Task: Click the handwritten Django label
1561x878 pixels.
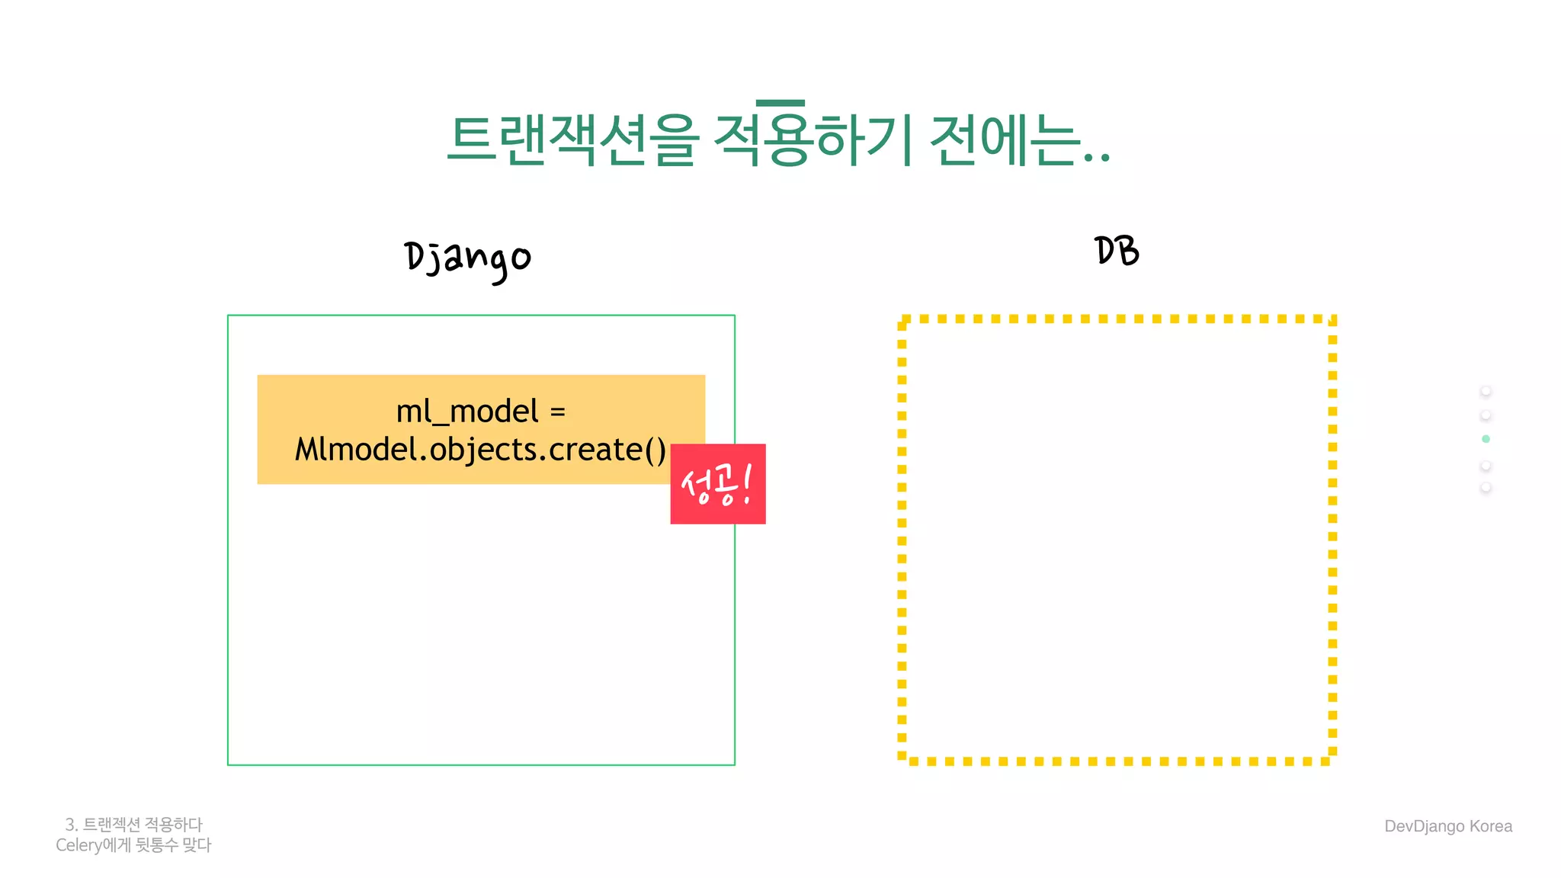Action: coord(467,259)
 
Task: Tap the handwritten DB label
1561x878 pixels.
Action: coord(1117,251)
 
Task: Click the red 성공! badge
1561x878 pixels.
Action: coord(717,484)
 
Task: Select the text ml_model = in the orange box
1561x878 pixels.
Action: coord(480,412)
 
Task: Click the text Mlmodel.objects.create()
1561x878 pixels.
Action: coord(480,450)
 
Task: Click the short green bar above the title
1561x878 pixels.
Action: coord(780,103)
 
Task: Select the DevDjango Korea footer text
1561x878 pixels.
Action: coord(1447,826)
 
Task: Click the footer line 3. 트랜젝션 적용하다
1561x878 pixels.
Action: coord(134,825)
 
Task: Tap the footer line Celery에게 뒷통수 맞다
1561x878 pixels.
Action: coord(133,845)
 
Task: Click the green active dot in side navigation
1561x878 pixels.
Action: coord(1486,439)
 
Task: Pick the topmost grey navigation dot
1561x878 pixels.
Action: coord(1486,391)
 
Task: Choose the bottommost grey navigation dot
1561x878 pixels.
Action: coord(1486,487)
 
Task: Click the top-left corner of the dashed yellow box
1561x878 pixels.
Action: coord(902,320)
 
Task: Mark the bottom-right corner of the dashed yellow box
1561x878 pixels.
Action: coord(1332,760)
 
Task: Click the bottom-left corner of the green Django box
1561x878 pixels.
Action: coord(229,764)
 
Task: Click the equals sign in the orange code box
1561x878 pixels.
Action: coord(557,412)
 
